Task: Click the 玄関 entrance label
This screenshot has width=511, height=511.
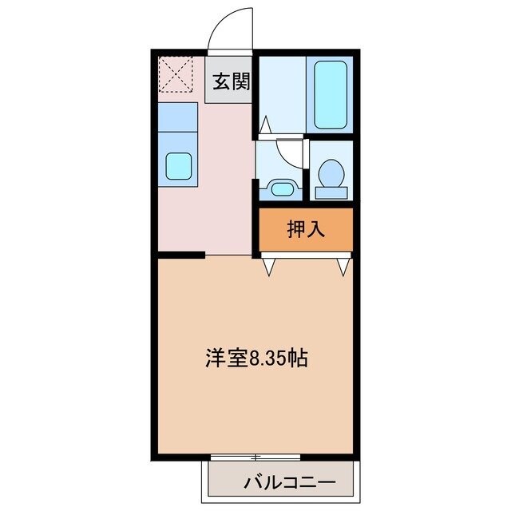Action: (x=231, y=81)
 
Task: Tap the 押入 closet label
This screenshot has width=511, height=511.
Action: (x=305, y=230)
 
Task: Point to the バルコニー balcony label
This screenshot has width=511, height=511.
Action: (x=279, y=482)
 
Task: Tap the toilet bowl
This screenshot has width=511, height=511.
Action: (x=331, y=172)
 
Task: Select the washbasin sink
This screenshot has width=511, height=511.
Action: (x=279, y=188)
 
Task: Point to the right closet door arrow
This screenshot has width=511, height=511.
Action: (x=344, y=267)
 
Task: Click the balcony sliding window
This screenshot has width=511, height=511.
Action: (x=255, y=457)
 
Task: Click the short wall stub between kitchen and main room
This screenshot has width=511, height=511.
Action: (x=182, y=255)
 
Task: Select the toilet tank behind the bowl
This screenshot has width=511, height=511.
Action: (x=331, y=192)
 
